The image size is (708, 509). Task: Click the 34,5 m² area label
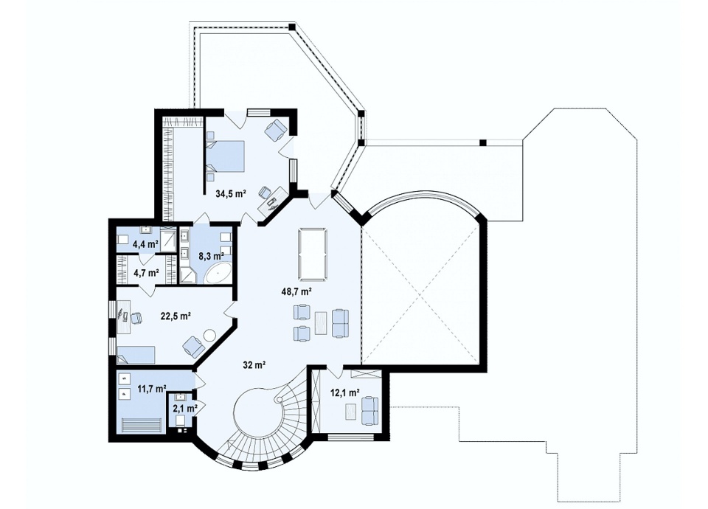point(230,194)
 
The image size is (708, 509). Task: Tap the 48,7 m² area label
point(296,292)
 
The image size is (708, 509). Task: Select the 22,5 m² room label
point(176,316)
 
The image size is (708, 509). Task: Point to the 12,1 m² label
point(345,393)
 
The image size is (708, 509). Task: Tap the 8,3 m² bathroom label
point(212,255)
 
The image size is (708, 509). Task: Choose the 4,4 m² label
point(145,245)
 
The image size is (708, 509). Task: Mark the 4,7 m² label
point(146,272)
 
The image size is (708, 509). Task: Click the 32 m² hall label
point(254,364)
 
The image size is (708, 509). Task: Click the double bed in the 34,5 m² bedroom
point(226,156)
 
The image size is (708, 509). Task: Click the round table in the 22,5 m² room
point(210,336)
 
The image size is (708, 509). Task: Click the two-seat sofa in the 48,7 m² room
point(341,323)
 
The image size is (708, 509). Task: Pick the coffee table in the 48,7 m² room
point(321,323)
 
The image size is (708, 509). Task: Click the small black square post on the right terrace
point(482,142)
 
